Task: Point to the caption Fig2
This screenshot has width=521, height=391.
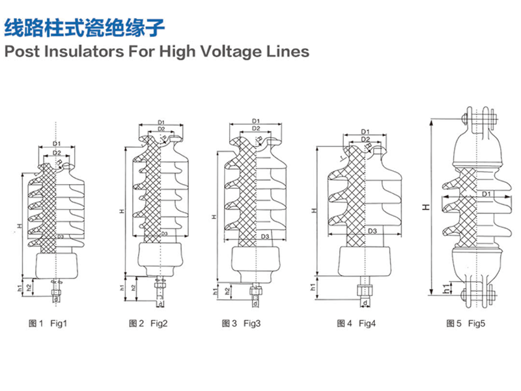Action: pyautogui.click(x=159, y=323)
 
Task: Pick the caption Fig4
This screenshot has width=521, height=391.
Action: pyautogui.click(x=367, y=323)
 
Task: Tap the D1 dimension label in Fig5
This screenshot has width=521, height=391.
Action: pyautogui.click(x=487, y=195)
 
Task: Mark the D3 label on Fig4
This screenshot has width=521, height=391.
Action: pyautogui.click(x=373, y=231)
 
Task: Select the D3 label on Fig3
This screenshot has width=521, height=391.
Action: pyautogui.click(x=266, y=237)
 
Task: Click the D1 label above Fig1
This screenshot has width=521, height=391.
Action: pyautogui.click(x=57, y=143)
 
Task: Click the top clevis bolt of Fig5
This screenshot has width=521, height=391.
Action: pyautogui.click(x=479, y=118)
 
